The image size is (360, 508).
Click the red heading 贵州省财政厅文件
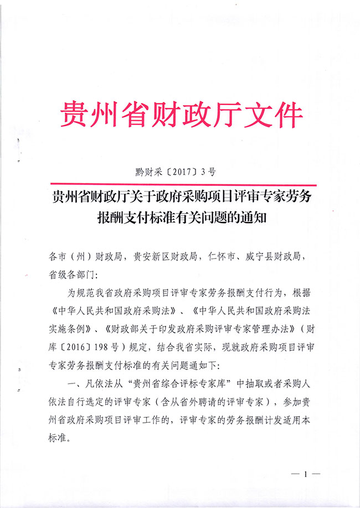(x=181, y=115)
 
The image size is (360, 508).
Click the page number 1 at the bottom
(x=305, y=475)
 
